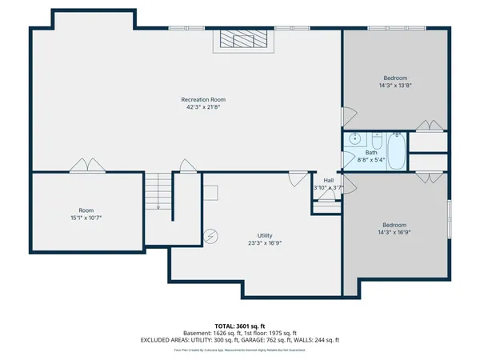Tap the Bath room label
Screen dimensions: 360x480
(x=371, y=152)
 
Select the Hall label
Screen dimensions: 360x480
(x=328, y=180)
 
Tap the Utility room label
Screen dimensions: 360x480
(x=264, y=235)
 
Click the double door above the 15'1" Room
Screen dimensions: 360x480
(x=85, y=166)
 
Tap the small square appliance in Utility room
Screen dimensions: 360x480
(x=210, y=192)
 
